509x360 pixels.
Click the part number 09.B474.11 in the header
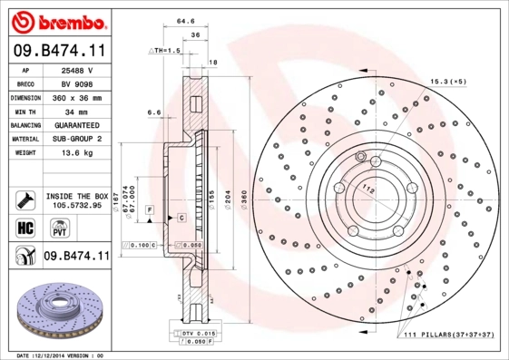[x=58, y=52]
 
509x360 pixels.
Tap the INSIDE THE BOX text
[x=76, y=196]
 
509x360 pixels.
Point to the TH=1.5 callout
[x=167, y=52]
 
